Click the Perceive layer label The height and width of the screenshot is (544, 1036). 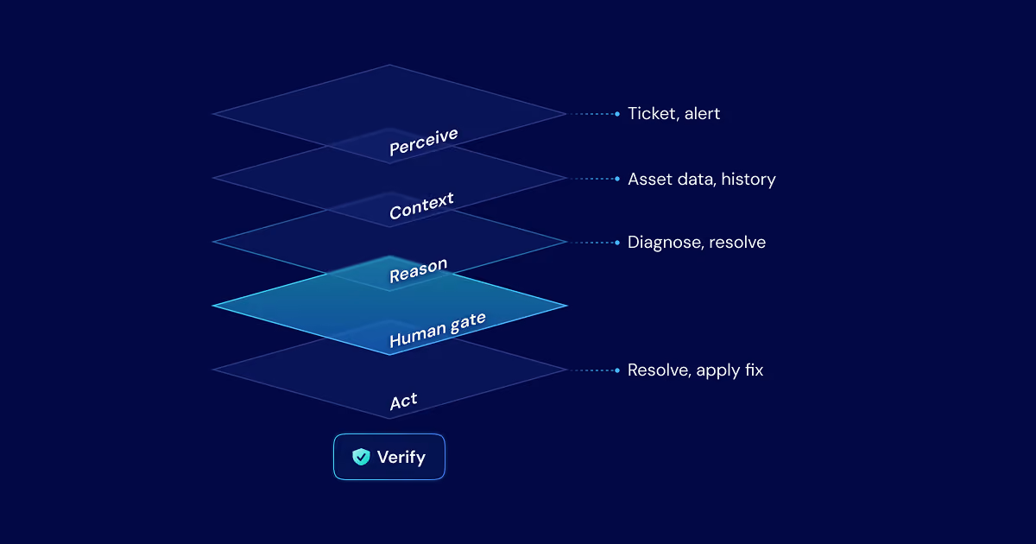point(424,142)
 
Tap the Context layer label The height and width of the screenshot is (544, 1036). point(421,206)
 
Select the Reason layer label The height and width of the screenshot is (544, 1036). point(418,270)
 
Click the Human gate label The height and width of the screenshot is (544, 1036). point(438,330)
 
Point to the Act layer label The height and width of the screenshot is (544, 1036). point(403,401)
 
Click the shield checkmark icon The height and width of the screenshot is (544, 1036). point(361,457)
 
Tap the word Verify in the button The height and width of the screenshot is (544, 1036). point(401,457)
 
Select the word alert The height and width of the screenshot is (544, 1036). point(702,113)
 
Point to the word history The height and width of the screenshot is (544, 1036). point(749,179)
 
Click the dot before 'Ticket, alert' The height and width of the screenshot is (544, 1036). point(617,114)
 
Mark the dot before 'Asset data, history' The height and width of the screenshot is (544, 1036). point(617,179)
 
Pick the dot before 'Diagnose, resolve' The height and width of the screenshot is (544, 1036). point(617,243)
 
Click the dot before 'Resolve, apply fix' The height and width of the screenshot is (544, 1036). point(617,370)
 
